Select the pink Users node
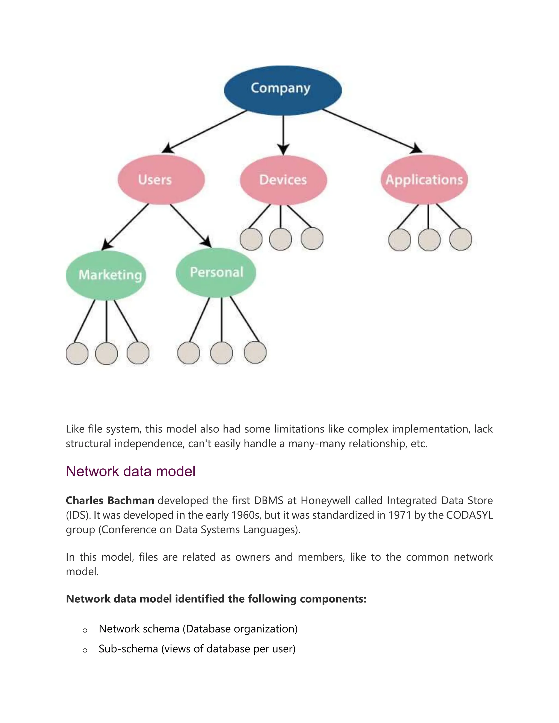coord(161,180)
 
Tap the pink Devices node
coord(283,180)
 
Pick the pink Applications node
coord(424,180)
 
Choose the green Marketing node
coord(106,275)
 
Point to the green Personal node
coord(216,273)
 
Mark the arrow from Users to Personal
coord(191,225)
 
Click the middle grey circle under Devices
coord(281,239)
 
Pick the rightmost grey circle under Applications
coord(460,239)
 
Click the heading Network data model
coord(130,471)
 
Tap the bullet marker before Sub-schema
coord(85,650)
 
